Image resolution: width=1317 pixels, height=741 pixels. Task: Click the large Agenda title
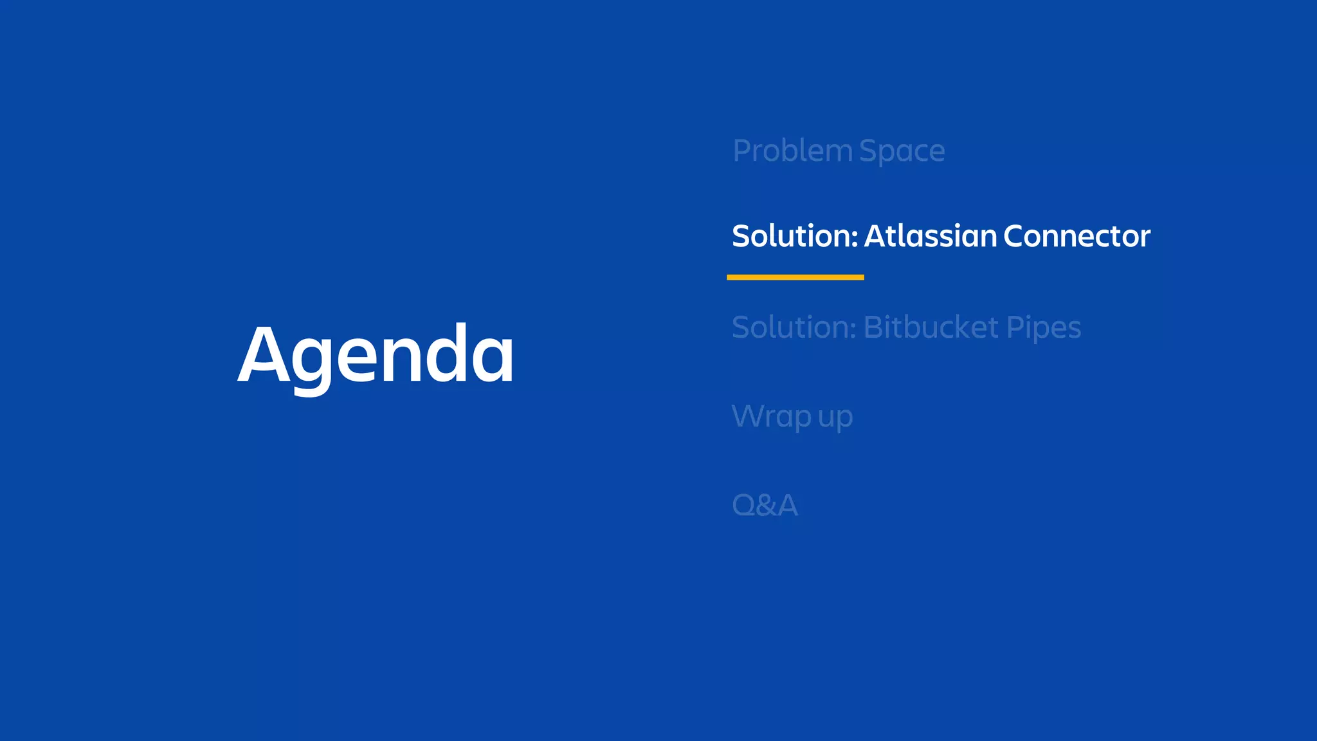(x=376, y=355)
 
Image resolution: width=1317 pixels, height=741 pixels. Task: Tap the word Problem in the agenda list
(x=792, y=152)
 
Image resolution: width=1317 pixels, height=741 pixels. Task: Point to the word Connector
(x=1076, y=236)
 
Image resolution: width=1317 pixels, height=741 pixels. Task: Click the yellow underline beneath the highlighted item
(x=795, y=277)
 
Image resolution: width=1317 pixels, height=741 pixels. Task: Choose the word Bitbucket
(x=930, y=327)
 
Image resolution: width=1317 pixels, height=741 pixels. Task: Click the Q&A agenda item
(x=765, y=505)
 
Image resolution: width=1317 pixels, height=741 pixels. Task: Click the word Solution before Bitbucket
(x=794, y=327)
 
